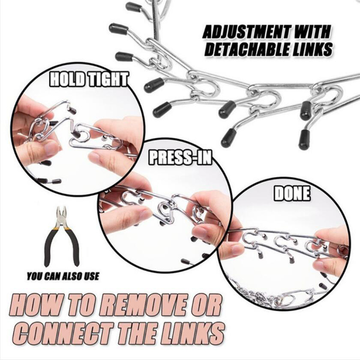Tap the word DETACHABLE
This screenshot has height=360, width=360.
click(251, 49)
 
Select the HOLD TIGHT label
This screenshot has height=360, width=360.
click(89, 79)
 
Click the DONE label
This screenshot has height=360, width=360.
click(292, 193)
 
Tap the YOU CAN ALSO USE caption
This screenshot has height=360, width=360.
click(63, 276)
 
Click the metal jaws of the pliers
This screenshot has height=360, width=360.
click(62, 215)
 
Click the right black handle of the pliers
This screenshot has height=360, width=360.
click(72, 244)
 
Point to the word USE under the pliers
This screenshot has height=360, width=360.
click(91, 276)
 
